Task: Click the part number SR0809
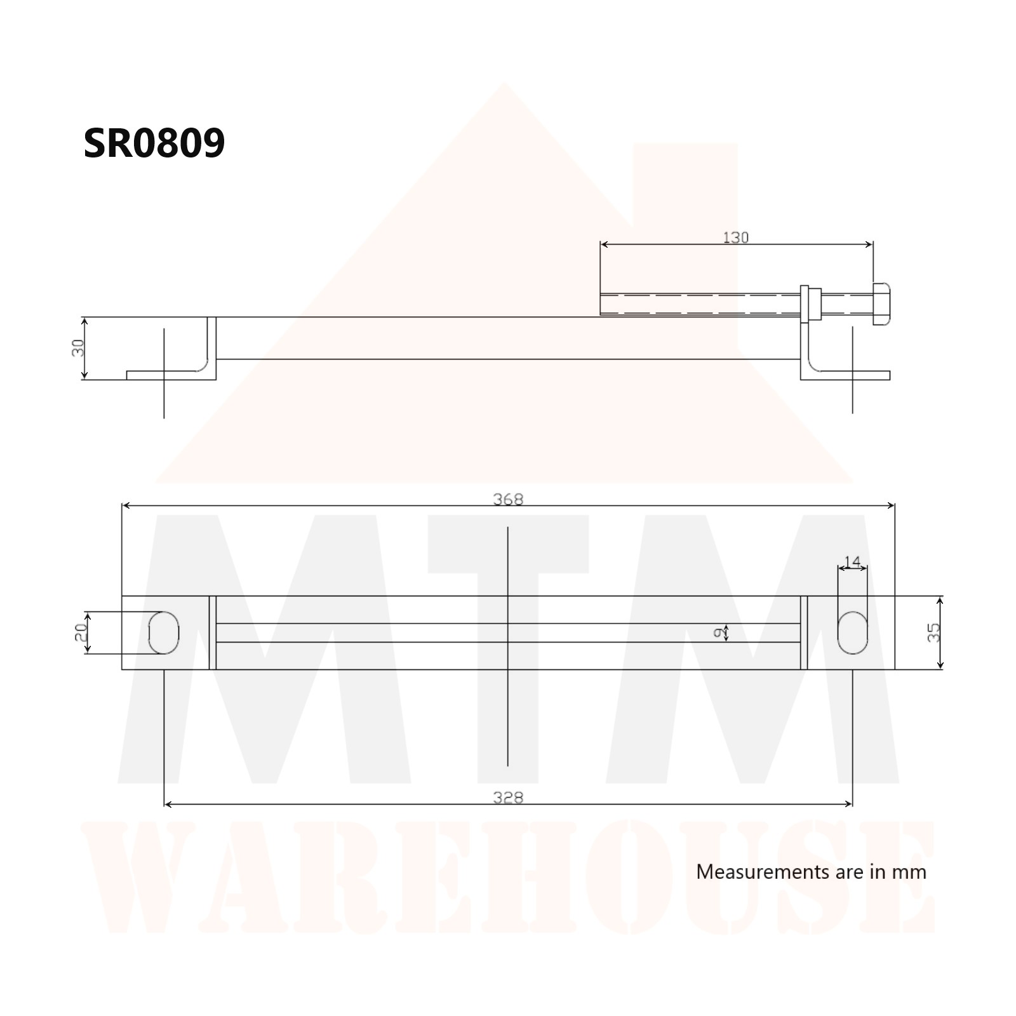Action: click(x=154, y=143)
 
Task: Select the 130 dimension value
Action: click(x=736, y=237)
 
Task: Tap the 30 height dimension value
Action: click(x=78, y=348)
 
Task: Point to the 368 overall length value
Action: click(x=508, y=499)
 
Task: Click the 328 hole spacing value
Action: click(x=508, y=798)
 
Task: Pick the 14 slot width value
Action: click(x=852, y=561)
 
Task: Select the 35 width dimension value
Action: click(x=933, y=632)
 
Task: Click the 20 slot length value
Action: click(x=81, y=632)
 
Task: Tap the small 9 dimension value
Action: click(x=718, y=632)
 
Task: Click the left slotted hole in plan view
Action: click(x=164, y=632)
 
